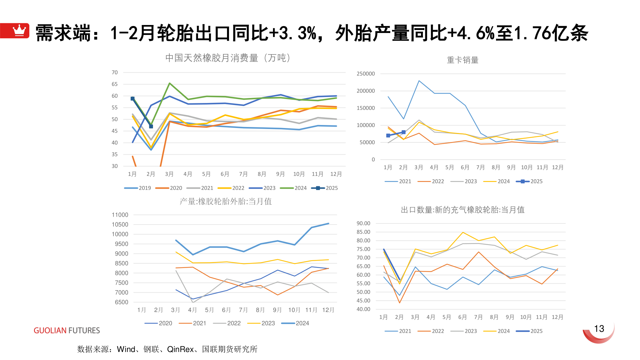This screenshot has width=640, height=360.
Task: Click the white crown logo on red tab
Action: pos(19,30)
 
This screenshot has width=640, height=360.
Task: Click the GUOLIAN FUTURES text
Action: pos(67,330)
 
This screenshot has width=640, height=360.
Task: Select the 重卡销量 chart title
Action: pos(462,60)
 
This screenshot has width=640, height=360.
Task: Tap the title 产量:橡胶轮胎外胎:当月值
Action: pos(225,201)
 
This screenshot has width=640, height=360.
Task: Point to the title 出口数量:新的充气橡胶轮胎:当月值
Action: pos(462,210)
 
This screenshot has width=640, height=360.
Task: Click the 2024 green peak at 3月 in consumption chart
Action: pos(170,83)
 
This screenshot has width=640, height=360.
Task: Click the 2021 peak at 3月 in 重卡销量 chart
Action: pos(419,80)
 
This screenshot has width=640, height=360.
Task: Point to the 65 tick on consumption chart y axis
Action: pos(115,84)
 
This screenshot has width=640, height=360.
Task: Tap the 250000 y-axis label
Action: pos(366,74)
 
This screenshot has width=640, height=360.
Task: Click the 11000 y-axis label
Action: pos(120,215)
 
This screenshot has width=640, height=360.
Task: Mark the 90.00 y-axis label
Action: pos(363,223)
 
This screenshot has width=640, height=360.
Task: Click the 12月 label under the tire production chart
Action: pos(328,310)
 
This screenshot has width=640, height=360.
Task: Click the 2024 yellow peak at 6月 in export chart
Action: pos(463,232)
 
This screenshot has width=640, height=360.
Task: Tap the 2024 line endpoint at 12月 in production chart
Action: pos(328,223)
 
